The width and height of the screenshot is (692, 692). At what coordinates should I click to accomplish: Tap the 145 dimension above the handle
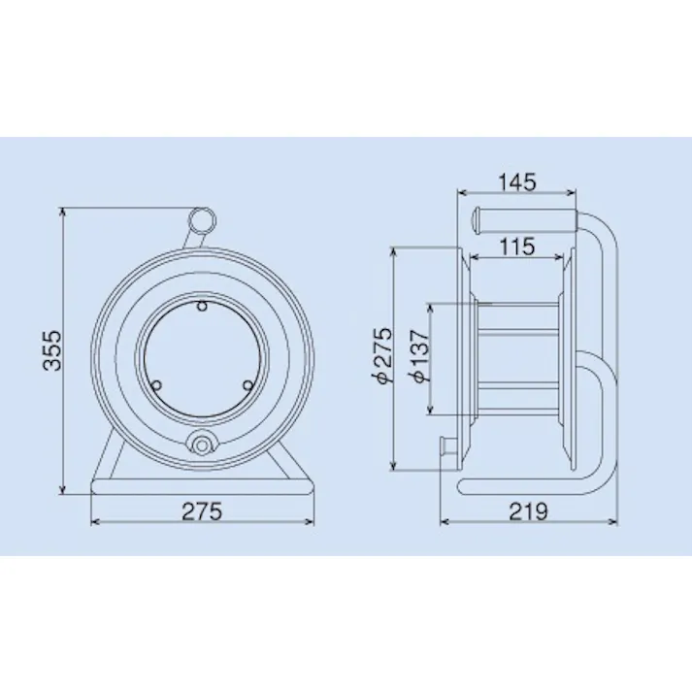click(516, 181)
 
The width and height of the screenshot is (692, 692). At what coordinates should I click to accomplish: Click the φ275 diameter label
click(381, 357)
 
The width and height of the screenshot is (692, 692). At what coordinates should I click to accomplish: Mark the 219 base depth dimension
click(530, 511)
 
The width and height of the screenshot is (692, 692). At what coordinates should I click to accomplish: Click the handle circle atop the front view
click(202, 220)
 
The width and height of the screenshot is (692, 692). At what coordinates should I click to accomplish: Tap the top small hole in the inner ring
click(201, 306)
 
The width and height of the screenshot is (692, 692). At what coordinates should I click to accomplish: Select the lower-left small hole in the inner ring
click(155, 384)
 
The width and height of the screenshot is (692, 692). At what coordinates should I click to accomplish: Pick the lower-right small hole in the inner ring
click(247, 384)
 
